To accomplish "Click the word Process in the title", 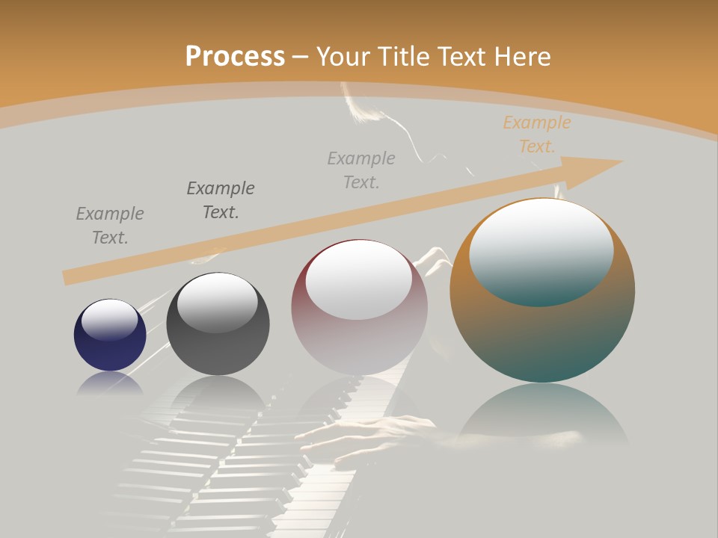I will pos(235,56).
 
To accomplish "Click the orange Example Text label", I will pos(536,134).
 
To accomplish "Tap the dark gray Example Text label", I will pos(220,200).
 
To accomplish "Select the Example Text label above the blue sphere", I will pos(110,226).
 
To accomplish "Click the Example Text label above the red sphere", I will pos(361,170).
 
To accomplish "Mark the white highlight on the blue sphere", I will pos(110,320).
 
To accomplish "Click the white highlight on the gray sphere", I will pos(217,301).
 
